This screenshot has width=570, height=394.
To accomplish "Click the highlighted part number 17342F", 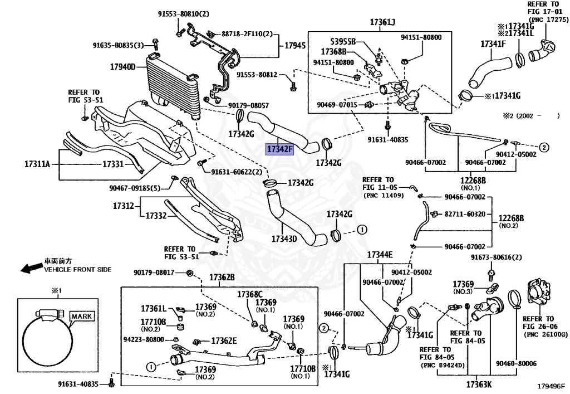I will point(279,149).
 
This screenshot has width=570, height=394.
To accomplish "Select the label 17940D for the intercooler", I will point(122,67).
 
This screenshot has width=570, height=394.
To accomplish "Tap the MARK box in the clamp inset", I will point(81,316).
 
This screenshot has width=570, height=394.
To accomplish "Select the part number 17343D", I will point(284,239).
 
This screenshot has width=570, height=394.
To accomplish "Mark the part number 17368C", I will point(249,294).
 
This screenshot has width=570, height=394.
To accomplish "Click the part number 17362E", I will point(223,341).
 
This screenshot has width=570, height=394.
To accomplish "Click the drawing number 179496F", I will point(551,385).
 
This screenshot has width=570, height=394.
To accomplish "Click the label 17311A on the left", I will point(37,164).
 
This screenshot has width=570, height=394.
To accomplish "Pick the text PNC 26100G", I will point(545,334).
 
